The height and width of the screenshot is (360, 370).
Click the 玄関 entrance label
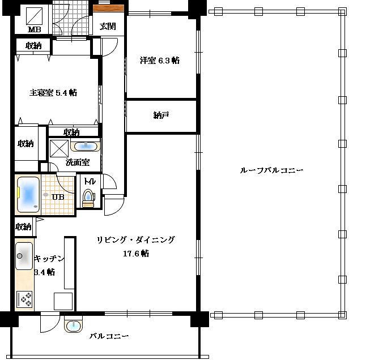(x=108, y=26)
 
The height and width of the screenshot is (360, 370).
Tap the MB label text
(x=35, y=29)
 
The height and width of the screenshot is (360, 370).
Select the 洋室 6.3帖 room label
(x=160, y=61)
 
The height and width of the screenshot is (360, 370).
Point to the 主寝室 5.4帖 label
(x=53, y=93)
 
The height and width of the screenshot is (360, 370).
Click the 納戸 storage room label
(x=161, y=115)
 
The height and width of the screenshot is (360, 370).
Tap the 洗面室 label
(x=78, y=162)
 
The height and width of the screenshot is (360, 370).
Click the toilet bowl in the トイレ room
(x=88, y=198)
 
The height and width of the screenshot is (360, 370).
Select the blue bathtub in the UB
(x=28, y=195)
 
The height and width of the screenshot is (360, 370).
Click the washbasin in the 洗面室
(x=86, y=147)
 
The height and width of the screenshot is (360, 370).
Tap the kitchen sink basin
(x=24, y=256)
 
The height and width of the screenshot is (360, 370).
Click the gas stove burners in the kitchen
(x=24, y=299)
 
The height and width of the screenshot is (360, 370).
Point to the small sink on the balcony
(x=74, y=326)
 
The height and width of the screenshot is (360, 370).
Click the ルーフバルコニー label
(x=271, y=170)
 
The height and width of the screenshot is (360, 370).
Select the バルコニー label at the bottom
(x=109, y=336)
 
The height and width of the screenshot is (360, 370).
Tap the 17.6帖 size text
(x=136, y=254)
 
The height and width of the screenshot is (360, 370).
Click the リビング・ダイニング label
(x=136, y=240)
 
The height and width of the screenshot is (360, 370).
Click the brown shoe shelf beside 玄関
(x=109, y=8)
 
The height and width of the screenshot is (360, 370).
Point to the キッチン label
(x=49, y=259)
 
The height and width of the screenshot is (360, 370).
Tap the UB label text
(x=58, y=196)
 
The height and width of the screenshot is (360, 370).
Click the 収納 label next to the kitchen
(x=23, y=227)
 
